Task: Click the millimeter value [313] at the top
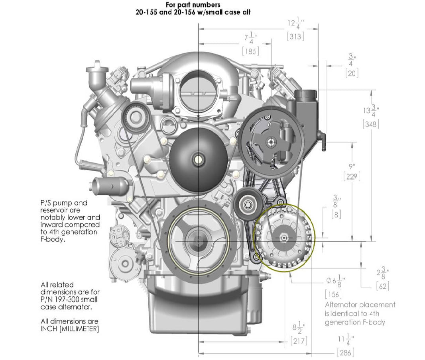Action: pyautogui.click(x=295, y=36)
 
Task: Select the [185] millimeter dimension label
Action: pyautogui.click(x=250, y=51)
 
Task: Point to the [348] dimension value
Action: pyautogui.click(x=371, y=124)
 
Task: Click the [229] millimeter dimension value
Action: pyautogui.click(x=351, y=176)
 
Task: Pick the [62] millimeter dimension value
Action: pyautogui.click(x=382, y=286)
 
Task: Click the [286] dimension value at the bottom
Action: pyautogui.click(x=345, y=352)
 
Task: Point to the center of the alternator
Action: pyautogui.click(x=283, y=237)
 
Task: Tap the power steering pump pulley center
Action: pyautogui.click(x=271, y=141)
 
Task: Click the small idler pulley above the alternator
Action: pyautogui.click(x=247, y=205)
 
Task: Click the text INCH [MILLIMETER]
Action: pyautogui.click(x=69, y=329)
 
